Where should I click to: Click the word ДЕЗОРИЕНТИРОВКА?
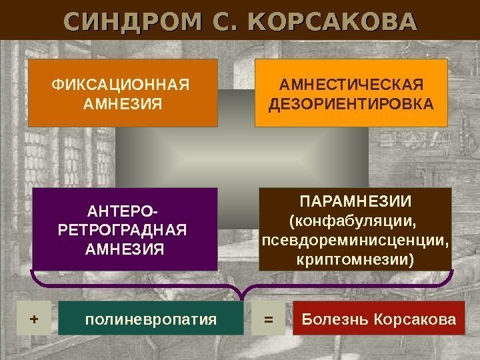[351, 104]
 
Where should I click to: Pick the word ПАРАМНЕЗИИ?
[355, 201]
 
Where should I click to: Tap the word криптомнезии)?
[355, 257]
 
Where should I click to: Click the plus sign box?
[34, 319]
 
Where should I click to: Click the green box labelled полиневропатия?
[151, 319]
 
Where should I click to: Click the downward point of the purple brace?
[242, 297]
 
